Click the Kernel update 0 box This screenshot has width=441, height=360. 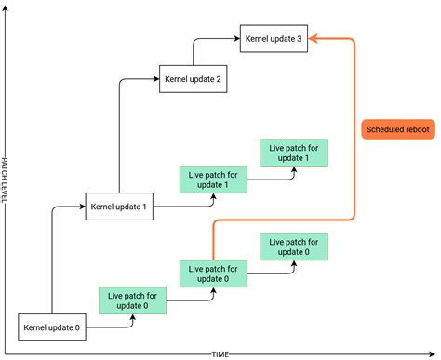coord(52,327)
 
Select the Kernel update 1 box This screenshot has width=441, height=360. coord(118,207)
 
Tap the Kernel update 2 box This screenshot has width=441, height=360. coord(193,79)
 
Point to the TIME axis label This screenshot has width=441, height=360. coord(220,354)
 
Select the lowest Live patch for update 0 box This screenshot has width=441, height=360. coord(132,300)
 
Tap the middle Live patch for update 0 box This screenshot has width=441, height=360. coord(213,273)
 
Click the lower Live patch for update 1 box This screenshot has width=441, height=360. coord(213,179)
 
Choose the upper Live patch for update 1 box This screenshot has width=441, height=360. coord(295,152)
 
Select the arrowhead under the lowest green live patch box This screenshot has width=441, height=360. coord(132,318)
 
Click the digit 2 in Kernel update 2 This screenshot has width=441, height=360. coord(218,79)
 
